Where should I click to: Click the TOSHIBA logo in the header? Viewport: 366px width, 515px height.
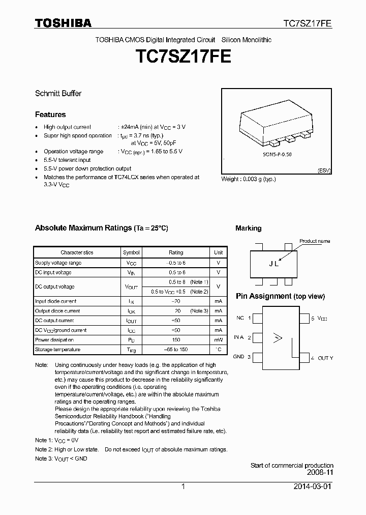coord(63,23)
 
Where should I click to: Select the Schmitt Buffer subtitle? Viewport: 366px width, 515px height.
coord(58,94)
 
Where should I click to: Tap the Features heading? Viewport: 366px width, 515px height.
coord(50,115)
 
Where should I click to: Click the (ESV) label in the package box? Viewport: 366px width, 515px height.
coord(324,170)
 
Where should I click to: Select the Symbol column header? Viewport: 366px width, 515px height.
coord(131,252)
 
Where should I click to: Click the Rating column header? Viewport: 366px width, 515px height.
coord(176,252)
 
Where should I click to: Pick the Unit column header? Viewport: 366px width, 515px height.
coord(218,252)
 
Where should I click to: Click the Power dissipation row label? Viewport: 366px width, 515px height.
coord(54,340)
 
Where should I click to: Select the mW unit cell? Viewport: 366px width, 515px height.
coord(218,340)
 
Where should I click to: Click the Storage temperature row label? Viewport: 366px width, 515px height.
coord(57,350)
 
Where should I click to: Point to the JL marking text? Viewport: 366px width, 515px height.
coord(273,264)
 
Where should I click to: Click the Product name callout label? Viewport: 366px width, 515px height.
coord(315,241)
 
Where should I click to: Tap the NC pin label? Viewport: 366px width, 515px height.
coord(240,318)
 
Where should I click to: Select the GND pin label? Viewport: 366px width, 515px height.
coord(239,357)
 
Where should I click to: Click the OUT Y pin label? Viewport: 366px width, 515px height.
coord(325,358)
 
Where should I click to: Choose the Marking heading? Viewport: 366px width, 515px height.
coord(248,228)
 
